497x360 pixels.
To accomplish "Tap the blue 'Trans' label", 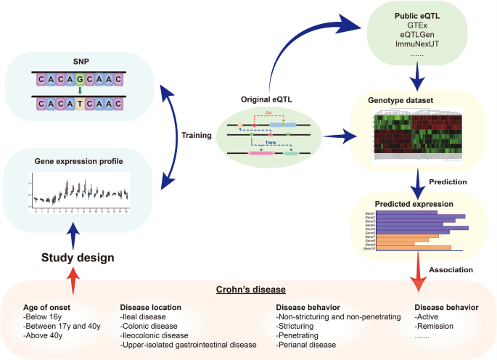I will (270, 144).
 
